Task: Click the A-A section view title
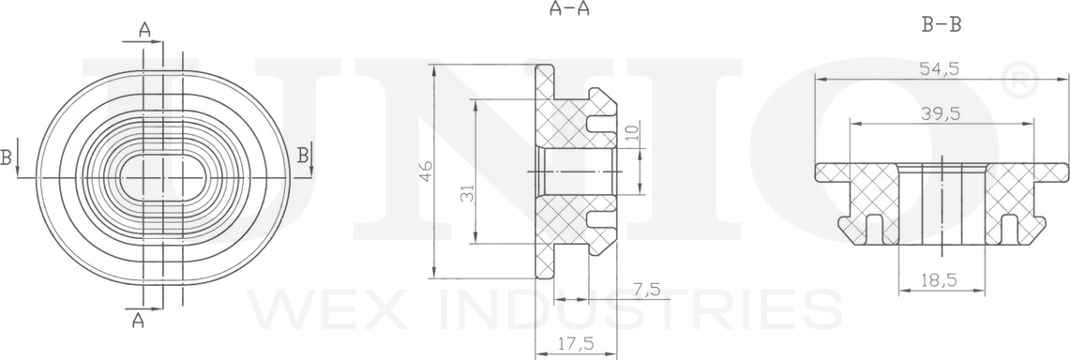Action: pos(569,8)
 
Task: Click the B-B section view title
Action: pos(941,26)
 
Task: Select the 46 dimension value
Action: pos(425,171)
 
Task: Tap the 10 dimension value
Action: pos(631,131)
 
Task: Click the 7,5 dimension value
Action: pos(646,290)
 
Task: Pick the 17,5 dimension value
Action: pos(575,344)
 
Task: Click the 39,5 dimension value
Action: pos(941,113)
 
